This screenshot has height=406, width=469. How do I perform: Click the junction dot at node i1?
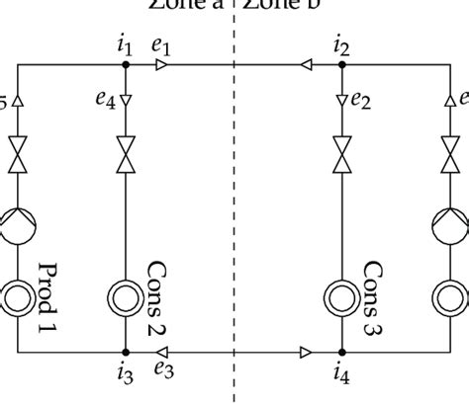click(126, 65)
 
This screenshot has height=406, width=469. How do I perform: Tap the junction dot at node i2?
click(341, 65)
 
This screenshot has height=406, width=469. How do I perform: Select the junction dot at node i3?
click(126, 351)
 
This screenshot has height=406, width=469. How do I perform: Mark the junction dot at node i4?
click(341, 351)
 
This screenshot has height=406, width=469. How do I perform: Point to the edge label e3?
click(162, 370)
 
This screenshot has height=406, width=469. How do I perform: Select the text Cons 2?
click(156, 297)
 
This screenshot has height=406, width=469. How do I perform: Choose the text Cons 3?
click(373, 297)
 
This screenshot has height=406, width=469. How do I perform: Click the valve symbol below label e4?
click(126, 153)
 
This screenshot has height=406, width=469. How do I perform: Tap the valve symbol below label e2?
click(341, 153)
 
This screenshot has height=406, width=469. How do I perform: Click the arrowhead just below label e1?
click(162, 65)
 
